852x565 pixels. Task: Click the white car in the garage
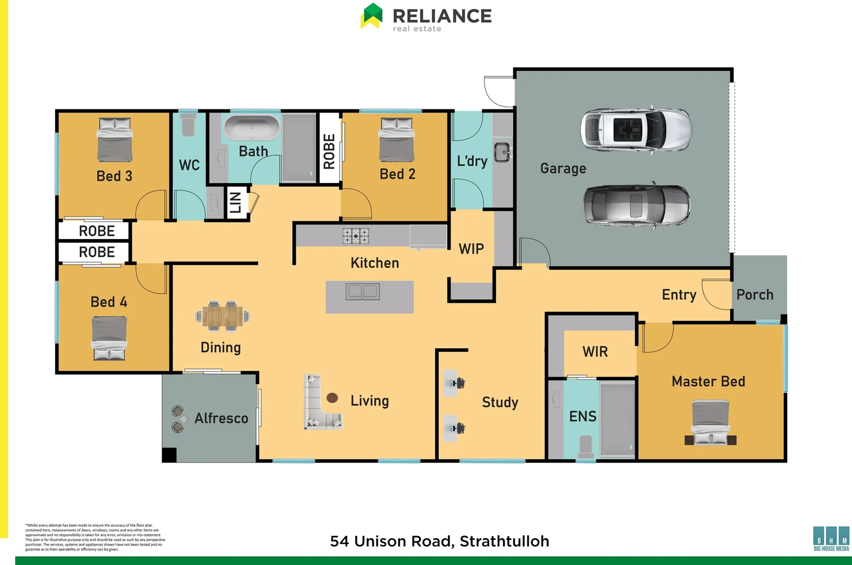[636, 129]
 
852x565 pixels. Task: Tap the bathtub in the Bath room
[252, 128]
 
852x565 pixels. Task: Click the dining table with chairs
[223, 317]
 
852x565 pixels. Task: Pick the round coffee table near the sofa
[332, 398]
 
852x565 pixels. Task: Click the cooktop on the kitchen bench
[356, 236]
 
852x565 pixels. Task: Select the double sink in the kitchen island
[363, 291]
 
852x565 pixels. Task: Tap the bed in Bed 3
[115, 140]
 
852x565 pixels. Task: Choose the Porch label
[755, 295]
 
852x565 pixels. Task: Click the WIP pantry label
[471, 249]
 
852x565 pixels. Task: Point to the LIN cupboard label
[236, 202]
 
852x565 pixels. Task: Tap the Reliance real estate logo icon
[372, 16]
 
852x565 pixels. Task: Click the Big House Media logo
[831, 539]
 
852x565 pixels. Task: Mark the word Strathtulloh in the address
[505, 541]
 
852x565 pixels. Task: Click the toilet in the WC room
[188, 126]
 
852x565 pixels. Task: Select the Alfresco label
[221, 418]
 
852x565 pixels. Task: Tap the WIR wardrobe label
[595, 352]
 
